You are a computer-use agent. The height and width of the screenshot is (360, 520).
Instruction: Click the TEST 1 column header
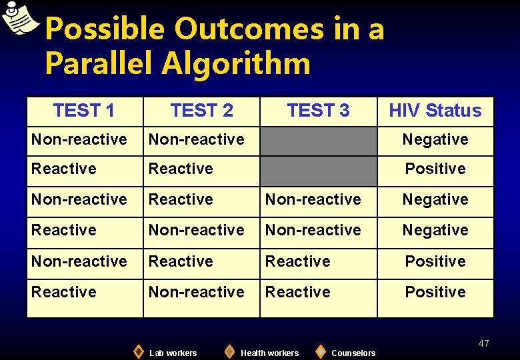tap(84, 111)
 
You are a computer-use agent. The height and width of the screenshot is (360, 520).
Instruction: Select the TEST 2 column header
tap(201, 111)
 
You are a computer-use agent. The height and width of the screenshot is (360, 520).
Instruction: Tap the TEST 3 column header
tap(318, 111)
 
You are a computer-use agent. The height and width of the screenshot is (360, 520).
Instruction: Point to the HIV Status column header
tap(435, 111)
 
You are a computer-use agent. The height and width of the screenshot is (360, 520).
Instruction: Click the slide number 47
tap(483, 343)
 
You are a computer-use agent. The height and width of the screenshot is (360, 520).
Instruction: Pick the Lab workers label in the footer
tap(173, 353)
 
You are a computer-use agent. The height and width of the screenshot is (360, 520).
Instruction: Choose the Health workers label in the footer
tap(269, 353)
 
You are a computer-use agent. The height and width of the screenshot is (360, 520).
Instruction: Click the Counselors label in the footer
tap(353, 353)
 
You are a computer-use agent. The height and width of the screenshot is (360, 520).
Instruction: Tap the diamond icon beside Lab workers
tap(138, 351)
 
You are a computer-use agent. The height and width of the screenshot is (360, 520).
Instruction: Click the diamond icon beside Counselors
tap(320, 351)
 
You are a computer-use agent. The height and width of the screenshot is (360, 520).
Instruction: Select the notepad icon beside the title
tap(20, 18)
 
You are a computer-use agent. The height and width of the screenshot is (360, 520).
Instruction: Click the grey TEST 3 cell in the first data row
tap(318, 140)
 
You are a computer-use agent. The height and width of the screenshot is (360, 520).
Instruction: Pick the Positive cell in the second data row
tap(435, 169)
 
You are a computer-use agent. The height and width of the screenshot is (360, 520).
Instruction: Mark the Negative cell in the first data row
tap(435, 140)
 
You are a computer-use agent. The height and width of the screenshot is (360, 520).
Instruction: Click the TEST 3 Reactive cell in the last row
tap(298, 292)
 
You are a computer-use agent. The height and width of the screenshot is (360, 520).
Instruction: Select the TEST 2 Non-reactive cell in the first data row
tap(196, 139)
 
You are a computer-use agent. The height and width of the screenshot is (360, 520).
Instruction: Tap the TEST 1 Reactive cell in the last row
tap(64, 292)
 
